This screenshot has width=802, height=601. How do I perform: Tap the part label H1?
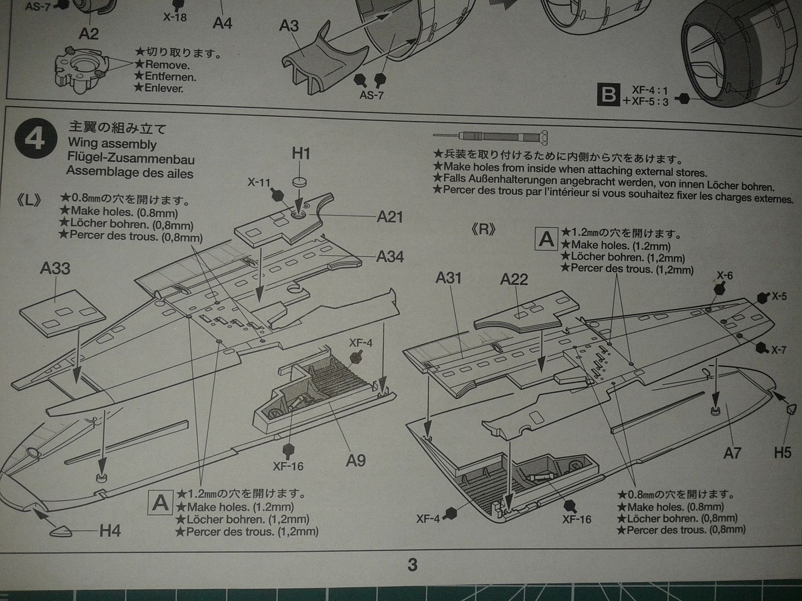coord(301,154)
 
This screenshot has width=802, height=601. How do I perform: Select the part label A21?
coord(390,216)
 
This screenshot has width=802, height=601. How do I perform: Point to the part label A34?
coord(390,257)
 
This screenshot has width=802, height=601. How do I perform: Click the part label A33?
coord(55,268)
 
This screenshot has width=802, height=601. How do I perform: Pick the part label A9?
coord(355,460)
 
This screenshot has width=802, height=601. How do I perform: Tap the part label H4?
coord(110,530)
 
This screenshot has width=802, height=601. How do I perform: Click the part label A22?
coord(514,279)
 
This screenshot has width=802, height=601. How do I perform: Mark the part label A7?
coord(732,453)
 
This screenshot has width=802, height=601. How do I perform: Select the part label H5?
coord(782,452)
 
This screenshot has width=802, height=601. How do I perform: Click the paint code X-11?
coord(259,182)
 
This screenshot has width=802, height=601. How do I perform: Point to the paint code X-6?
coord(725,275)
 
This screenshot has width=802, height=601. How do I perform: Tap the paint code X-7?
coord(779,350)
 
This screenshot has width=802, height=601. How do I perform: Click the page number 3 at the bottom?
coord(412,565)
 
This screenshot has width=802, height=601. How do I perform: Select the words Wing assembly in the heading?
coord(112,144)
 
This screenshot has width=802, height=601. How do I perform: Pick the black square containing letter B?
coord(608,95)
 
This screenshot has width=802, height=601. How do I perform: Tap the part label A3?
coord(289,26)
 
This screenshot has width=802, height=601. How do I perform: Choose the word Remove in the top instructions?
coord(167,65)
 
